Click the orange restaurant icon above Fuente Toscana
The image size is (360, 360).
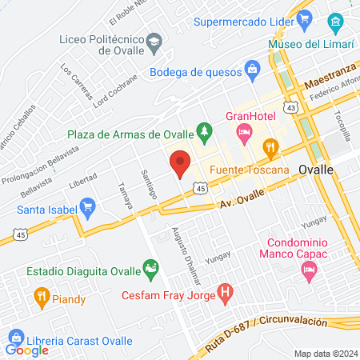pos(270,146)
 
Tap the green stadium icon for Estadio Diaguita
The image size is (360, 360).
pos(149,267)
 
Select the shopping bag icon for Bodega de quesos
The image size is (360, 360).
pos(251,69)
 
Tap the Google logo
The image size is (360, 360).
pos(27,350)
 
